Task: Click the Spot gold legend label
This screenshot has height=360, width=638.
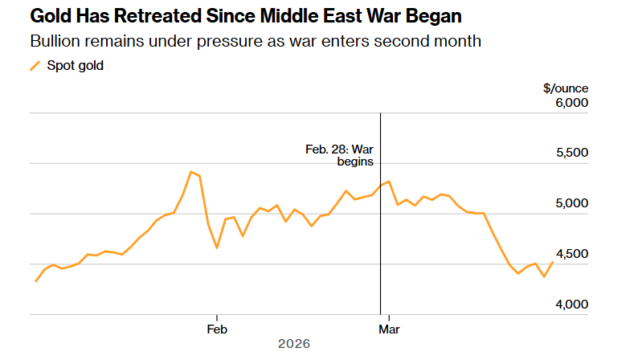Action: point(75,66)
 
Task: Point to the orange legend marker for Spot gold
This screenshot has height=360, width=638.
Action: point(35,66)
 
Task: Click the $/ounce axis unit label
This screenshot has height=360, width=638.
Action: point(566,88)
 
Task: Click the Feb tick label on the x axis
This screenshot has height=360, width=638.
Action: point(216,329)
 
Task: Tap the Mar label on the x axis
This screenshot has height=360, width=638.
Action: point(390,329)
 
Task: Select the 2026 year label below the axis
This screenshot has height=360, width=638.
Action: point(293,343)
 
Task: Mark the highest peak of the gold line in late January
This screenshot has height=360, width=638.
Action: point(190,171)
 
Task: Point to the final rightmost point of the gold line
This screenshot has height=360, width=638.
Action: point(553,262)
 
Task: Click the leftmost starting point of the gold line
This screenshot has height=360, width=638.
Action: point(35,281)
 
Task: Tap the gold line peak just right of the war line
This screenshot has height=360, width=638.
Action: point(389,181)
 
